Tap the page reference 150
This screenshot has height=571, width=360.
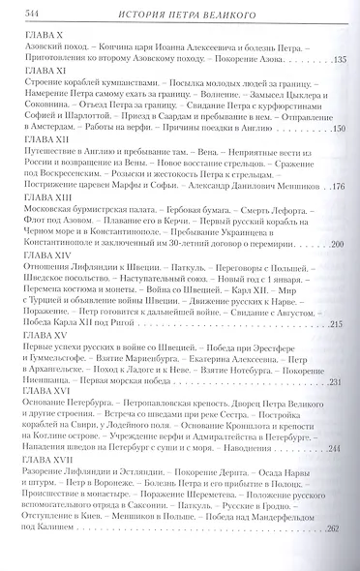(338, 130)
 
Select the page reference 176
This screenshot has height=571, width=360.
(338, 188)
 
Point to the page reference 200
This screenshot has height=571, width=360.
(338, 246)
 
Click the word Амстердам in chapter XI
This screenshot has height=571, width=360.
(65, 130)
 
